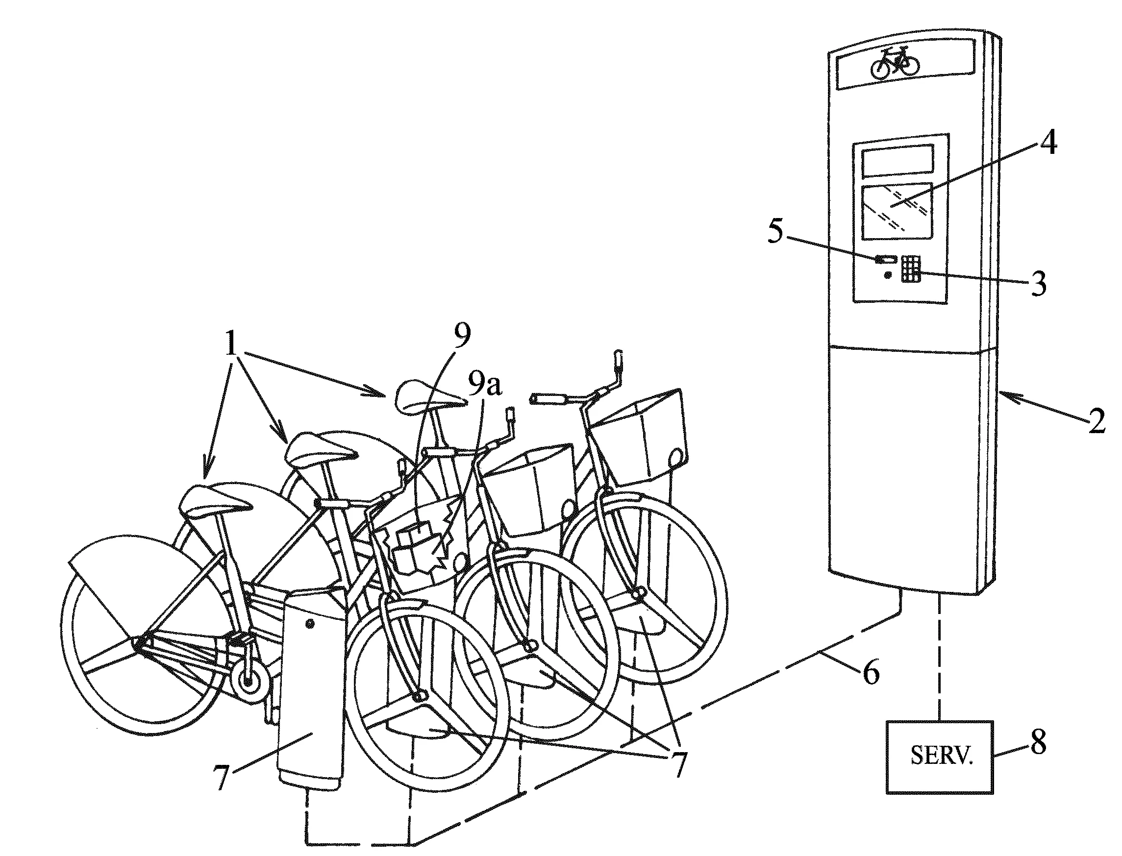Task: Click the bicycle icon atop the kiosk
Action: (895, 63)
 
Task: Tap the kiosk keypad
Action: (911, 269)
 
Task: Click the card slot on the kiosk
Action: (886, 260)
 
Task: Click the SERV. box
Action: (940, 756)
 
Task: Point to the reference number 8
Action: (1038, 742)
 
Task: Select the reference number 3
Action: (1038, 283)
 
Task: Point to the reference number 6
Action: (871, 672)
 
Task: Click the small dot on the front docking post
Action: (310, 624)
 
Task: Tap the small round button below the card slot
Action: (888, 275)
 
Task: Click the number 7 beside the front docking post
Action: (221, 777)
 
